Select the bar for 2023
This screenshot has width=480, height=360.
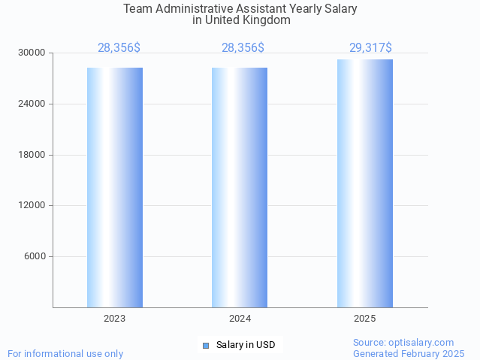pos(115,187)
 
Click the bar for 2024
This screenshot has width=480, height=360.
pos(240,187)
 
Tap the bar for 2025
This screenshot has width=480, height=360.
pos(365,183)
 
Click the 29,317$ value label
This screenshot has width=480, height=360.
pos(370,48)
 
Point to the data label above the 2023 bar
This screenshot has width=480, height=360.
pos(119,48)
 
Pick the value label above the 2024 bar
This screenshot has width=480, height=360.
pos(243,48)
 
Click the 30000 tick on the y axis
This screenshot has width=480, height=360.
pos(32,53)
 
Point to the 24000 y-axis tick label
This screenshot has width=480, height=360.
pos(32,104)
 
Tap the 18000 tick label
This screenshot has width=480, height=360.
pos(32,155)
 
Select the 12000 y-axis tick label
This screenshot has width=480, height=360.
pos(32,205)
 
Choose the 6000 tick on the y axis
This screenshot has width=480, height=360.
pos(35,256)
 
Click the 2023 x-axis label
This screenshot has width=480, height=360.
pos(115,319)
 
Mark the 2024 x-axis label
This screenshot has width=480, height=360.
pos(240,319)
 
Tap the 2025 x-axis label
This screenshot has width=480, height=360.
pos(365,319)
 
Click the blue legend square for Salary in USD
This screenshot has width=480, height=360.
pos(206,346)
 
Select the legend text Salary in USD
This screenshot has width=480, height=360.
pos(246,346)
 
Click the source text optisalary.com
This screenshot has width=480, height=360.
pos(403,343)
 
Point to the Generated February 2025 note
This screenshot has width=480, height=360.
pos(409,354)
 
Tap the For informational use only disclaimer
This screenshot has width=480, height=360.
pos(65,354)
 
